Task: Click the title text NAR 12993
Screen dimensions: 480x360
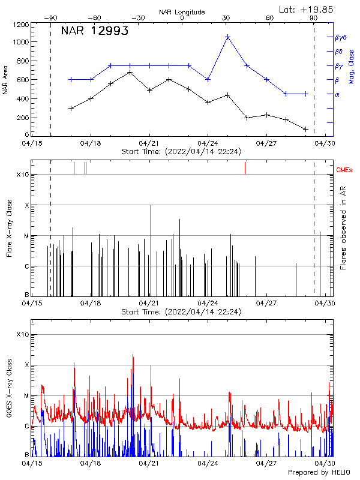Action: [x=95, y=32]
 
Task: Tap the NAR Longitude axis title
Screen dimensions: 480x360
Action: [x=182, y=12]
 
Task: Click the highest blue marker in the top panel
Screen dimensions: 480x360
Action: [x=227, y=37]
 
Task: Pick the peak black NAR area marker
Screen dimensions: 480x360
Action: [x=130, y=73]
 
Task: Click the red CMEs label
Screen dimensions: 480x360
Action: [x=344, y=170]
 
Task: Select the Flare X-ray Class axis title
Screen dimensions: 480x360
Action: [x=9, y=227]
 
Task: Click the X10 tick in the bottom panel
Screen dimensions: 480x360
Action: [x=23, y=334]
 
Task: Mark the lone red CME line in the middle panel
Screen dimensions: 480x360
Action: [x=245, y=168]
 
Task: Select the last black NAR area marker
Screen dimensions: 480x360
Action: [x=306, y=129]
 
